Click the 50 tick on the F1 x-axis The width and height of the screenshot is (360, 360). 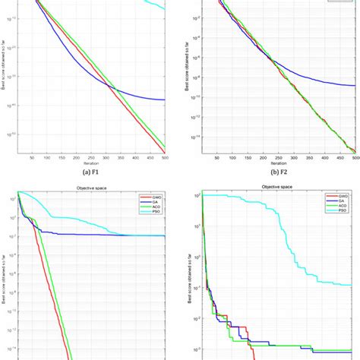click(x=32, y=158)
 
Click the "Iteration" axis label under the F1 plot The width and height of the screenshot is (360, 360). click(x=91, y=163)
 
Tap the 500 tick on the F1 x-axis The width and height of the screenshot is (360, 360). click(x=165, y=158)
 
